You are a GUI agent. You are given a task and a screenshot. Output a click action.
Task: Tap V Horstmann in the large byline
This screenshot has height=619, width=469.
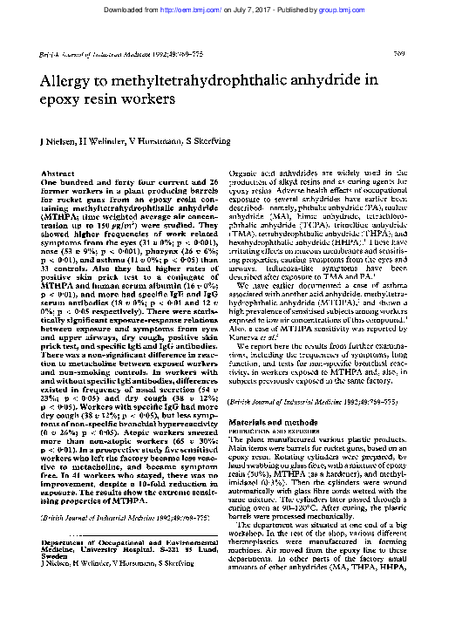[161, 141]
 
